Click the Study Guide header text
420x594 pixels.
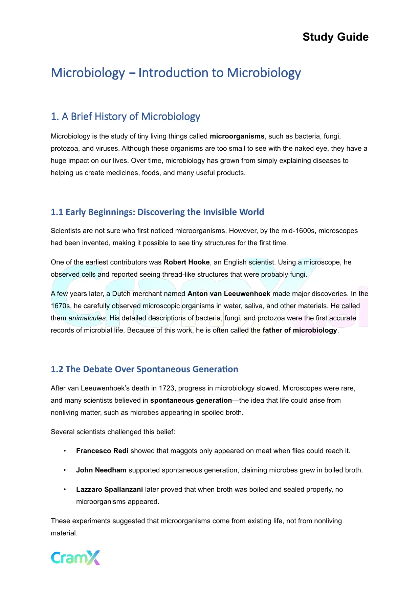335,37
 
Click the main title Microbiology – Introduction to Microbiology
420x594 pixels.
176,73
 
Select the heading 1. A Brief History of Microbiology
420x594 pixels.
125,116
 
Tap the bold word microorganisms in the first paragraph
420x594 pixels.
237,136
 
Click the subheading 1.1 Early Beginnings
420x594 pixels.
157,212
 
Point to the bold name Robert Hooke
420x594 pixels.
186,262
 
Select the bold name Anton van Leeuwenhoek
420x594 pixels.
229,294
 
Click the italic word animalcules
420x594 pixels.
87,318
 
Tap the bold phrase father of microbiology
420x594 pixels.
300,331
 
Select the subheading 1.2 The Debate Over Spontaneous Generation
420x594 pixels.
144,369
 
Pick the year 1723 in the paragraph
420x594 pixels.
167,388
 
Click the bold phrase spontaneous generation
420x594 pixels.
191,401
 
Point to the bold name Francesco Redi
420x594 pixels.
102,451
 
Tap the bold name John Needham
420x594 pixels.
101,470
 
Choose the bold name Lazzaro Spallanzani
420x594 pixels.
109,490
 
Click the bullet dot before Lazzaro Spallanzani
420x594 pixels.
65,490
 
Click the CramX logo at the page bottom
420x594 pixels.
75,557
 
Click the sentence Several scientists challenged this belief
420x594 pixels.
113,432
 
